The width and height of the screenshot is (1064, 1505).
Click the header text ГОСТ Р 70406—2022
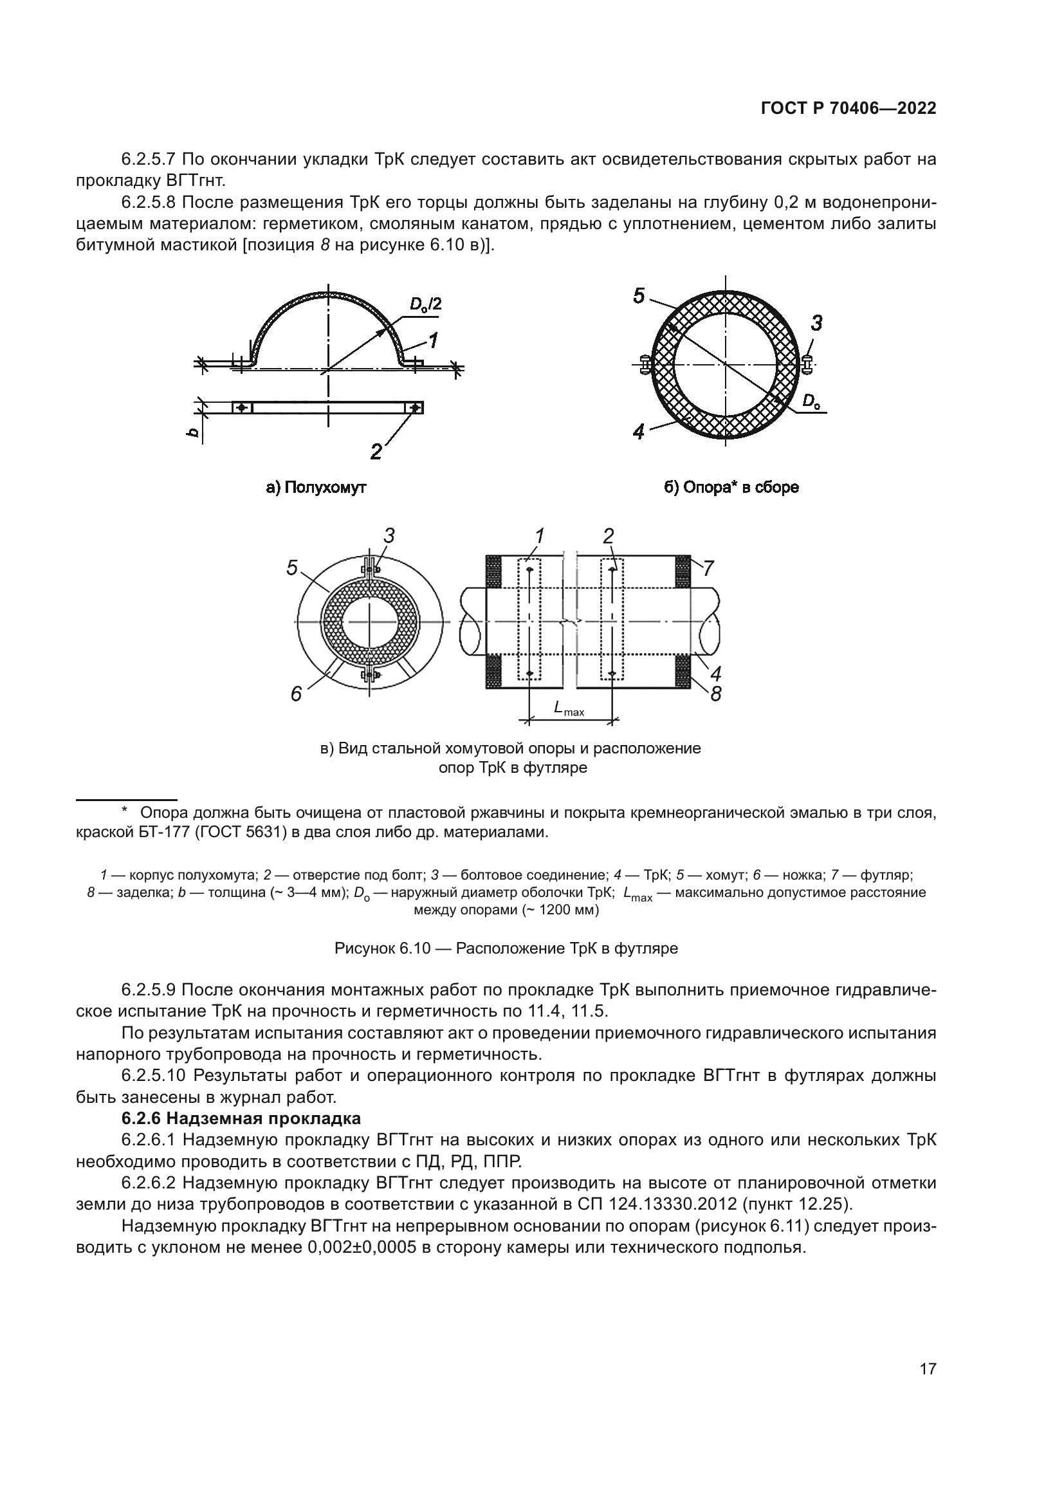848,109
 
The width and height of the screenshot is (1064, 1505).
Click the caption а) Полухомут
316,488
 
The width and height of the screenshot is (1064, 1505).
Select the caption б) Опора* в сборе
731,488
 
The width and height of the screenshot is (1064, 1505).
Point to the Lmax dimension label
568,708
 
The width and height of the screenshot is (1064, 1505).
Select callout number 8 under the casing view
715,694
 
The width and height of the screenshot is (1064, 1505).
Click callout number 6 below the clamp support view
296,694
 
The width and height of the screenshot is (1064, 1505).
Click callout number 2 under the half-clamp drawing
376,452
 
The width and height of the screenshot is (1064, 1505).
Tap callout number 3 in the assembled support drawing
816,323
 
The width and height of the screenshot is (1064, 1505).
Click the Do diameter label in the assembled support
811,401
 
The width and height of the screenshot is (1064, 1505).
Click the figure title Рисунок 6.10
383,948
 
